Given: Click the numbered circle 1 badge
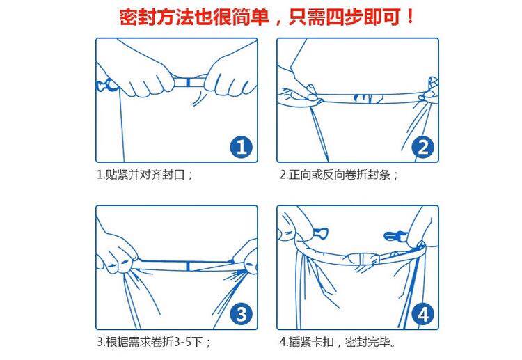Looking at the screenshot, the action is [x=242, y=147].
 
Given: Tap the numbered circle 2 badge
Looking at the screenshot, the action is [x=422, y=147].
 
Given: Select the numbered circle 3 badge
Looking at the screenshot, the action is [x=242, y=314].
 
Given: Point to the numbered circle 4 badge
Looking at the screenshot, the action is [x=422, y=314].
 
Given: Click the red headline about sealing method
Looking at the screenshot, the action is [x=267, y=17].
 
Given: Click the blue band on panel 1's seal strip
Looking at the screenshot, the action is [x=189, y=81].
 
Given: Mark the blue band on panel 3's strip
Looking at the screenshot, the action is [x=188, y=266].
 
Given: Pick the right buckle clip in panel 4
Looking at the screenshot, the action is [x=395, y=237].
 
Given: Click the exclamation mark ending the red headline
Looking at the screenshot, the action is [x=410, y=17].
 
